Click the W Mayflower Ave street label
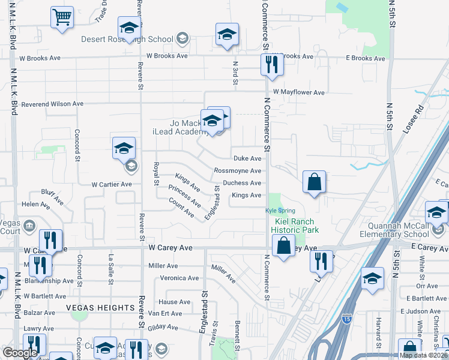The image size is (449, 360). [x=298, y=92]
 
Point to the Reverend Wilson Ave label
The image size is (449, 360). [x=52, y=104]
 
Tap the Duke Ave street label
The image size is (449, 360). [x=247, y=158]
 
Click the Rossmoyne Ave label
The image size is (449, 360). [x=238, y=170]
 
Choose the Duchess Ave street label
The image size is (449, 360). [x=242, y=183]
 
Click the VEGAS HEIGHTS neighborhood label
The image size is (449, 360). [x=101, y=308]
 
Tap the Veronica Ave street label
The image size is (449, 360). [x=179, y=278]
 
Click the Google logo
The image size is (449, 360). [x=20, y=352]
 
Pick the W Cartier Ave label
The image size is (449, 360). [x=111, y=184]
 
